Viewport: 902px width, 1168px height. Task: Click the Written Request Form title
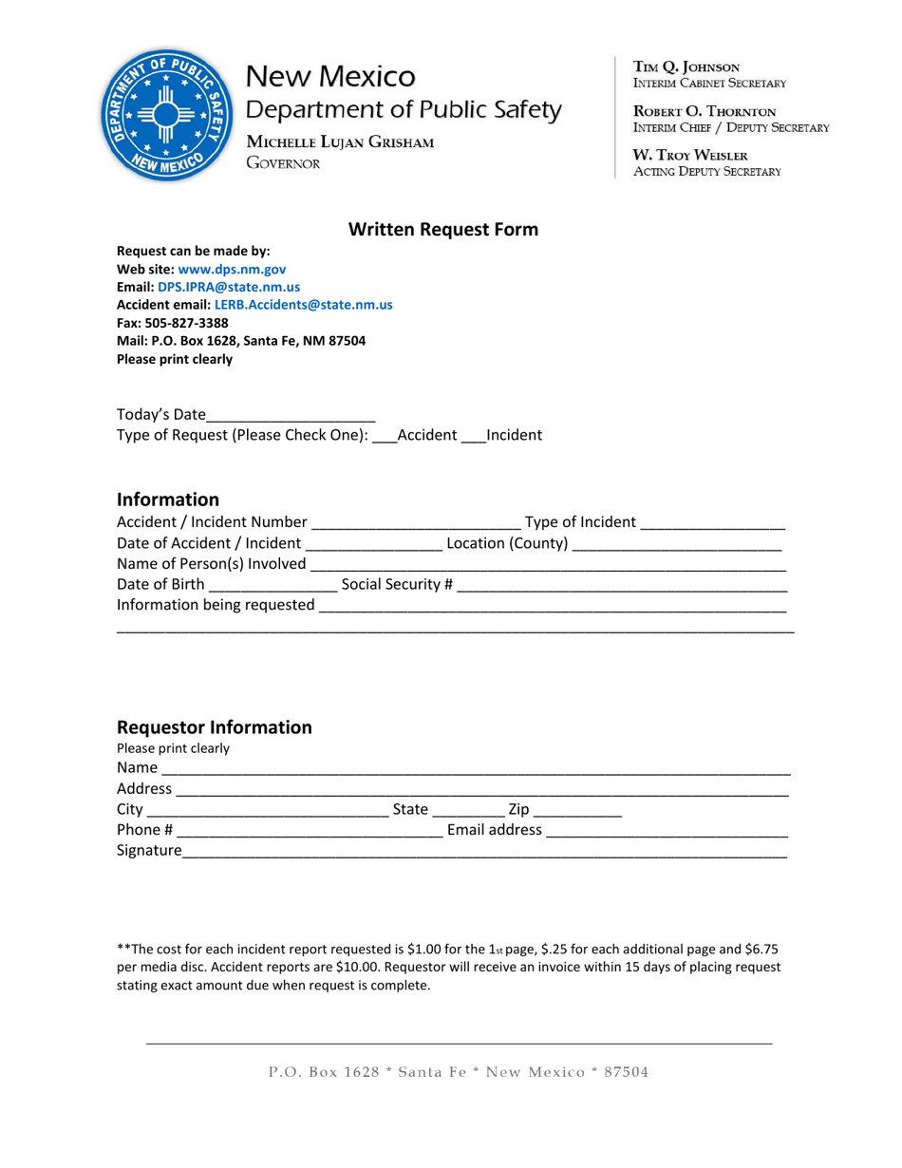click(x=442, y=230)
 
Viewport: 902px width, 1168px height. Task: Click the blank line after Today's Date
click(x=291, y=416)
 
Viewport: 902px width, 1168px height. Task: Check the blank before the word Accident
click(x=384, y=437)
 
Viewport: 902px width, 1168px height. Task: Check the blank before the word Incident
click(x=472, y=437)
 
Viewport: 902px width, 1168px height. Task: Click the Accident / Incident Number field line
click(x=415, y=523)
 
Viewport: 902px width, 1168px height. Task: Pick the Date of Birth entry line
click(x=272, y=587)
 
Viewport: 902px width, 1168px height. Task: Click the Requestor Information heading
click(x=214, y=727)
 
